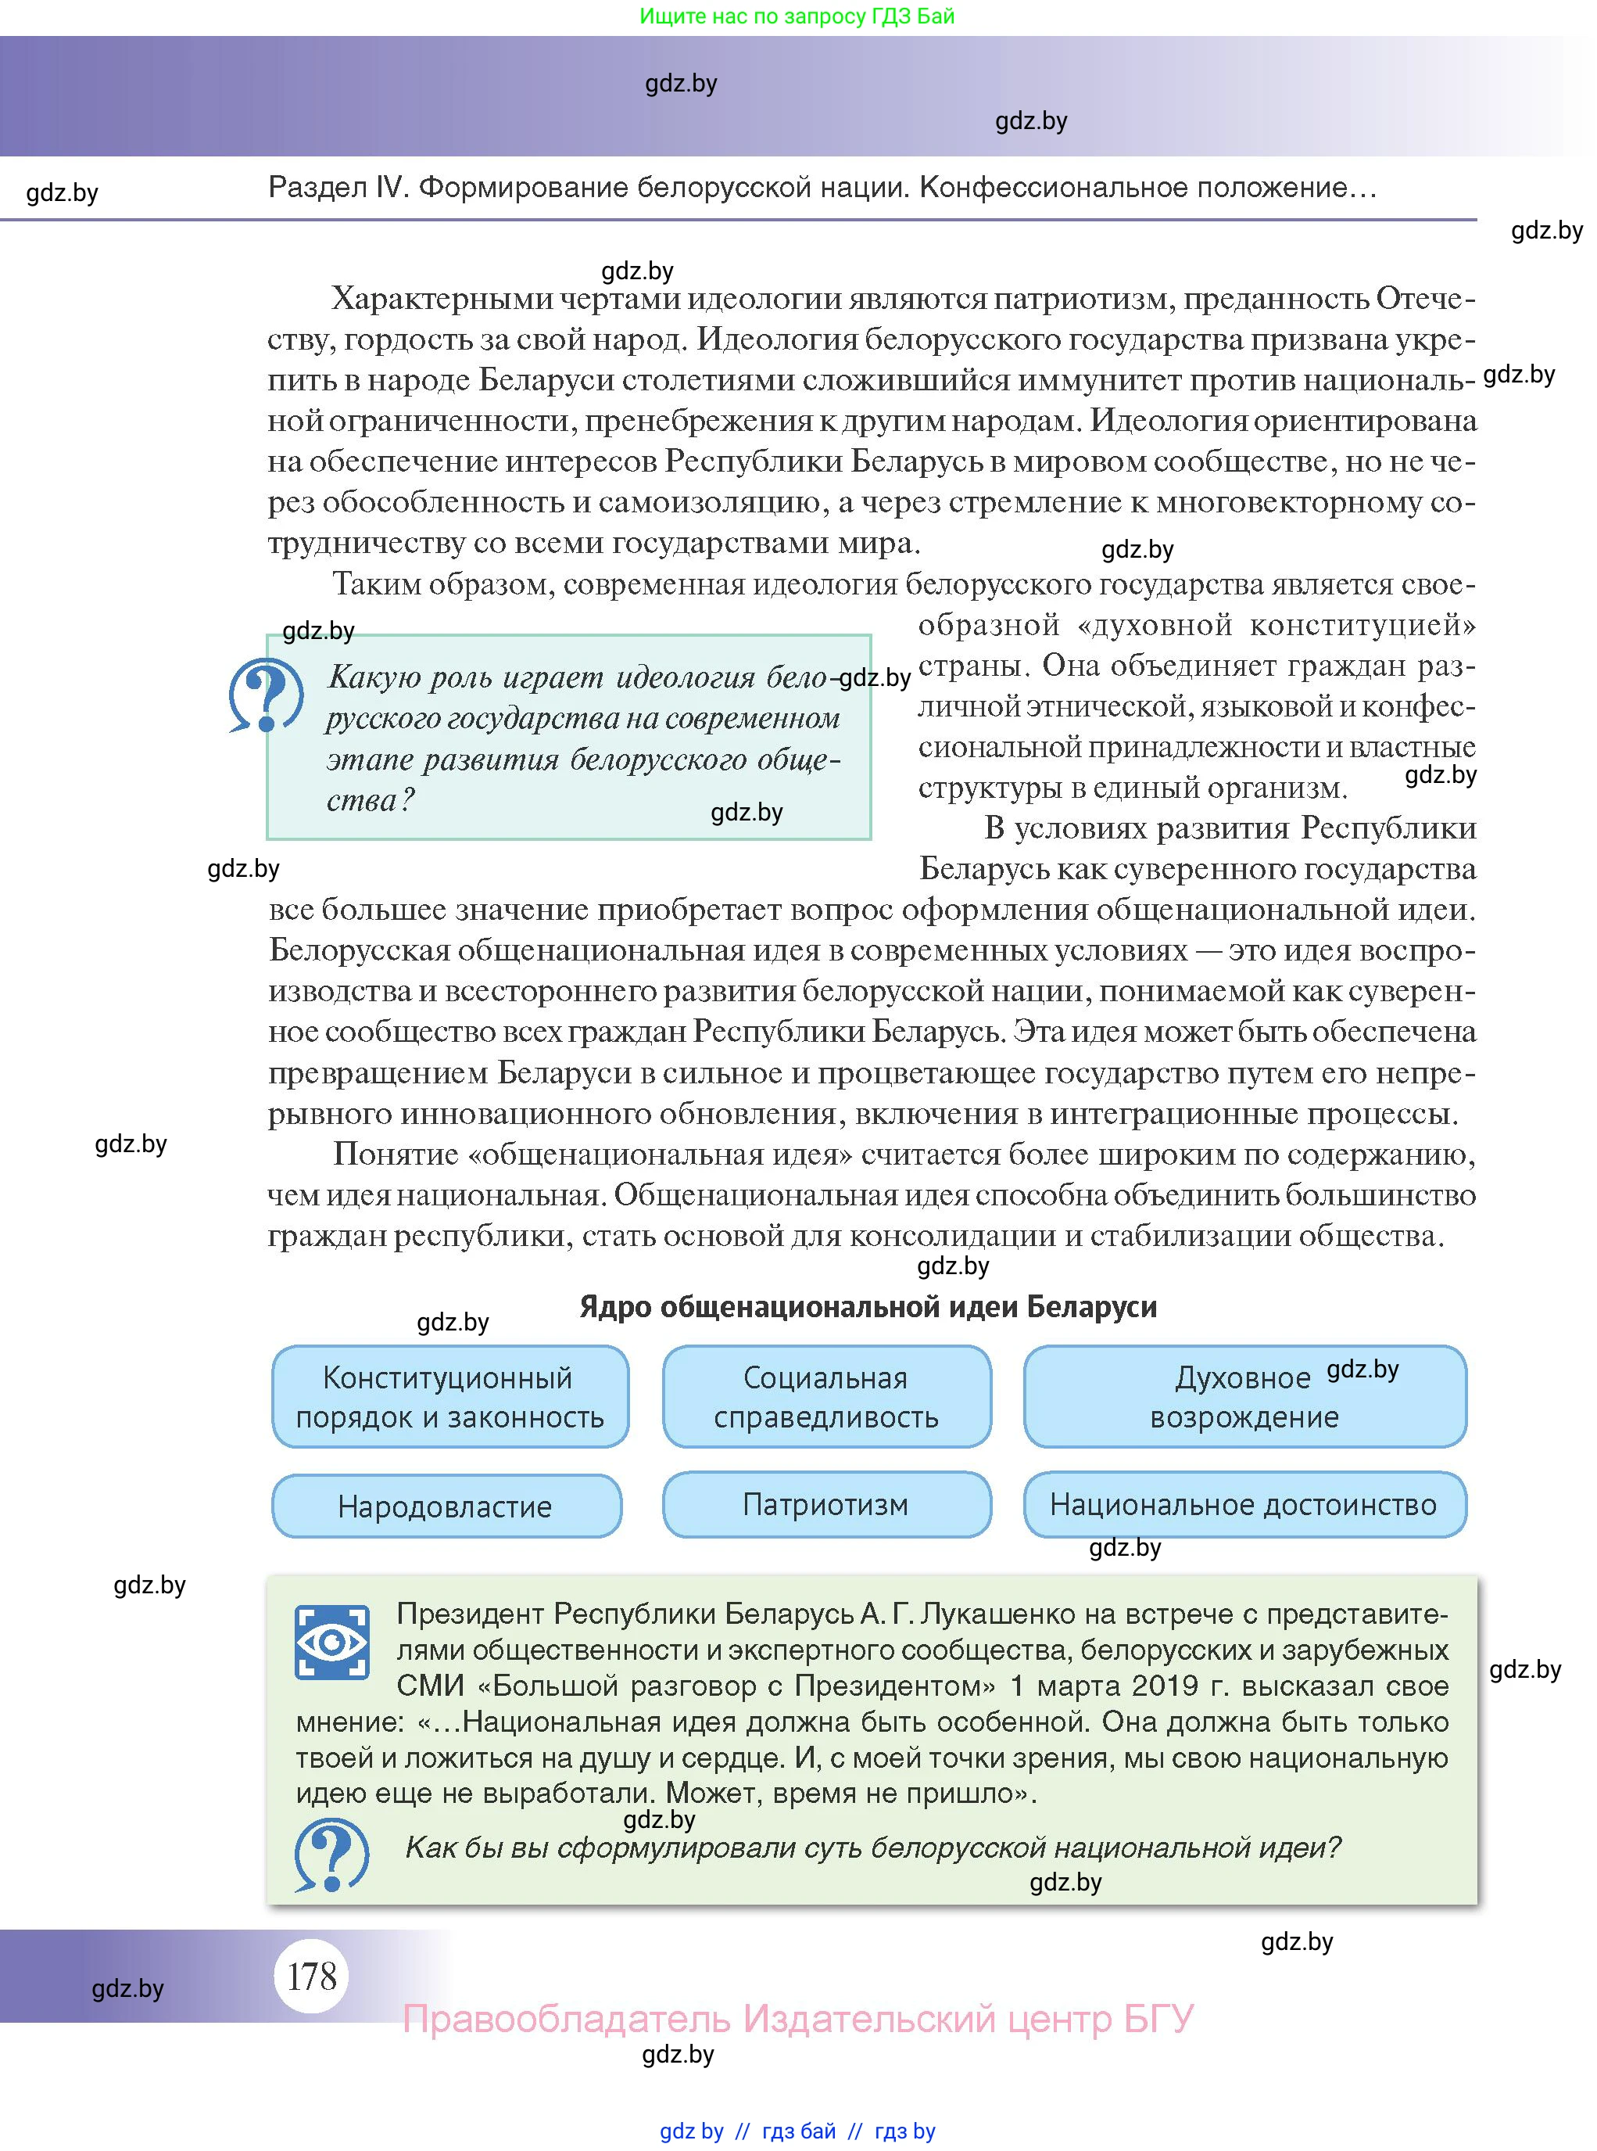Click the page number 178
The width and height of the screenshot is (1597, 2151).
[x=311, y=1975]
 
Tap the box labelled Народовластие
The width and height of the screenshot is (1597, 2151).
[x=446, y=1506]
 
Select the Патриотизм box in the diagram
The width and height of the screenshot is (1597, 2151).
[x=825, y=1504]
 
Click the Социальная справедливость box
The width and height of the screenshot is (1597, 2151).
[x=825, y=1397]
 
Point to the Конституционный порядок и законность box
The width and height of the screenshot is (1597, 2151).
[x=449, y=1397]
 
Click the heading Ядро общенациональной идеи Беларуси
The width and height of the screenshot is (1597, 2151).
[x=867, y=1307]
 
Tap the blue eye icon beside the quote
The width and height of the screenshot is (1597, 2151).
[x=331, y=1643]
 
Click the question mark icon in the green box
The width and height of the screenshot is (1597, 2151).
[x=331, y=1853]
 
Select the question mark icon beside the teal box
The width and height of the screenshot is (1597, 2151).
[x=265, y=695]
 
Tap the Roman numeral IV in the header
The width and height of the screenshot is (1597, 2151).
[x=392, y=187]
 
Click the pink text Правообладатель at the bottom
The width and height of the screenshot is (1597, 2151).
[x=567, y=2020]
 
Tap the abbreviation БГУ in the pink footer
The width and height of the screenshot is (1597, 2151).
[x=1158, y=2020]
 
